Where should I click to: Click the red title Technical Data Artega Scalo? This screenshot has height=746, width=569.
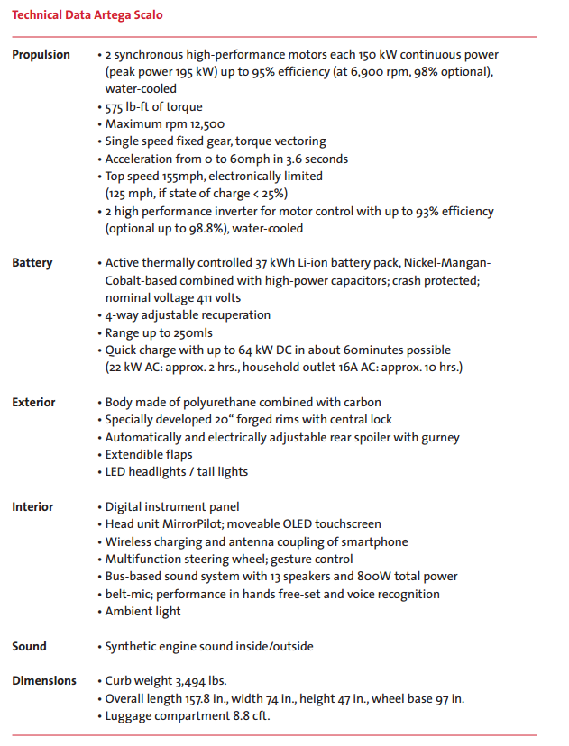pyautogui.click(x=87, y=15)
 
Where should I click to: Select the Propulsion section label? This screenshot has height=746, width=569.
pyautogui.click(x=41, y=55)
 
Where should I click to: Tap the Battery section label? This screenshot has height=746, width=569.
pyautogui.click(x=32, y=263)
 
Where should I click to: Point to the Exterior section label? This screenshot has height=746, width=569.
pyautogui.click(x=33, y=403)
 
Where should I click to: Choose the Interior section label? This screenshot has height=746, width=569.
pyautogui.click(x=32, y=507)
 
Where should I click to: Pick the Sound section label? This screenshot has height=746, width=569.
pyautogui.click(x=29, y=647)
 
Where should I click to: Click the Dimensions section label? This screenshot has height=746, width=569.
pyautogui.click(x=44, y=681)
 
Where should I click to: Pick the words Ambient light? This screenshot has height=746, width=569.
pyautogui.click(x=142, y=612)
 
